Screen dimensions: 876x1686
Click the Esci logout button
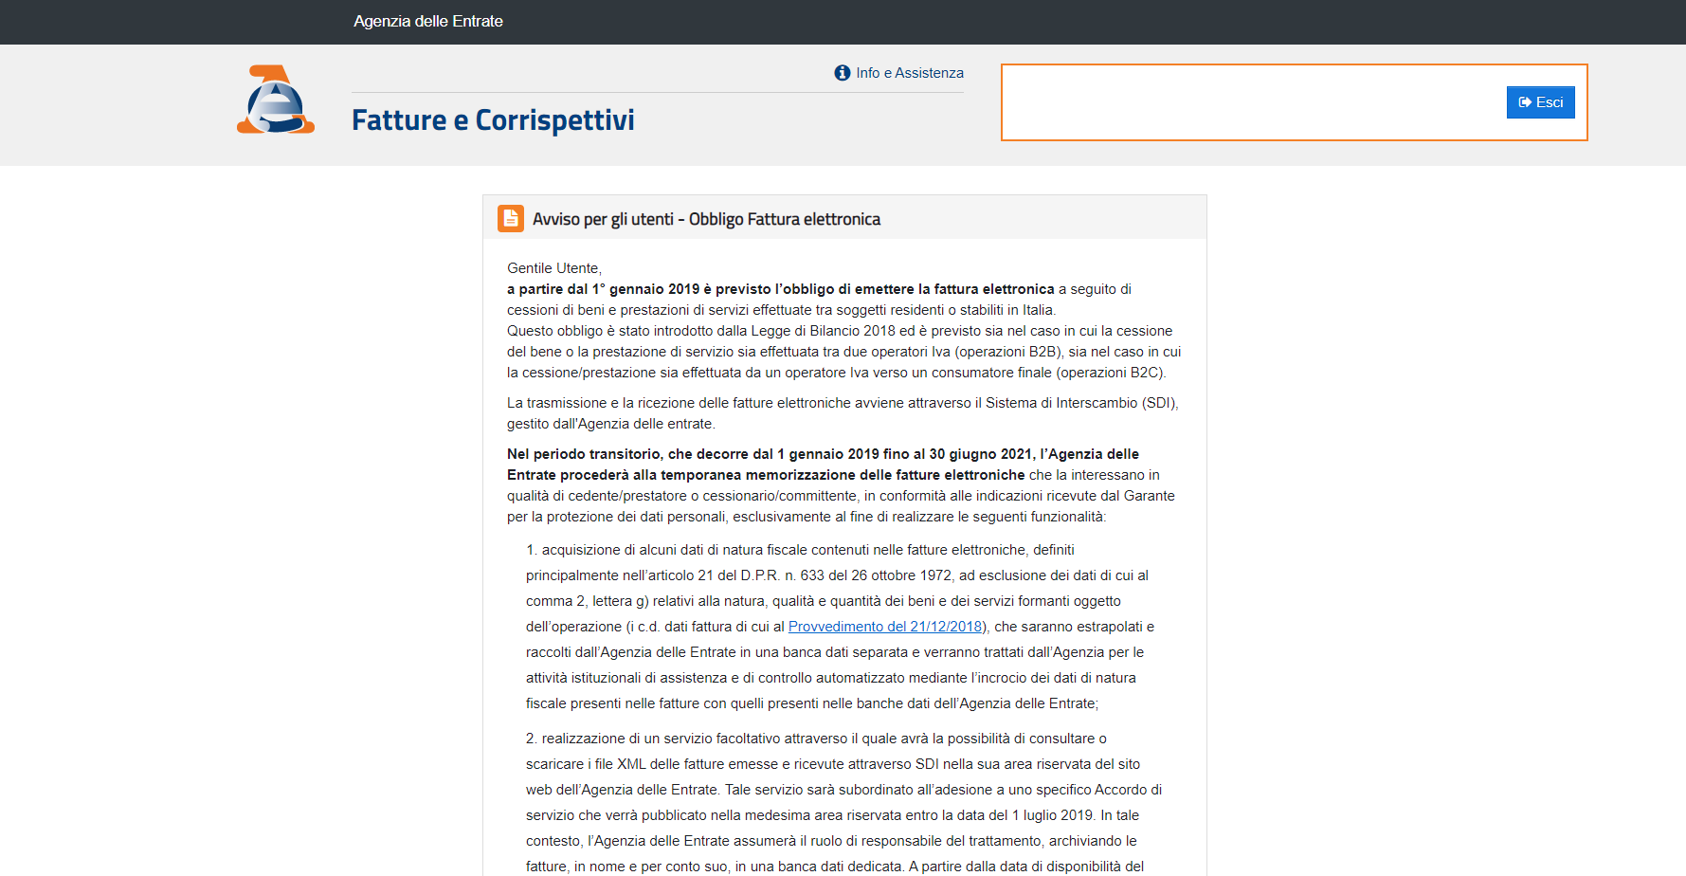1540,102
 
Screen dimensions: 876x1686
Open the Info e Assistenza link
909,73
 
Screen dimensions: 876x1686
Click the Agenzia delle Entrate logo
275,100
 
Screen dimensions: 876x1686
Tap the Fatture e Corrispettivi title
493,120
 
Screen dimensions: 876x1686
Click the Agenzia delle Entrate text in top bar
428,21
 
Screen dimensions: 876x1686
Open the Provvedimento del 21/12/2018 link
885,627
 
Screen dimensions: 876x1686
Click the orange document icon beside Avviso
511,219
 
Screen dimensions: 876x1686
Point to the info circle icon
842,73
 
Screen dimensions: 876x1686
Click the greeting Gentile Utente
553,268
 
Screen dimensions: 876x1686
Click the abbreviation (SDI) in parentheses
1159,403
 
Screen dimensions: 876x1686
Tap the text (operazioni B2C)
1111,373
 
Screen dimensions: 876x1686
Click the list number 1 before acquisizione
531,550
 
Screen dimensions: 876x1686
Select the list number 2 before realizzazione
531,739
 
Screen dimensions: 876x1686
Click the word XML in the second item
631,764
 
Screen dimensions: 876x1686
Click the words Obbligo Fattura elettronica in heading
784,219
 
